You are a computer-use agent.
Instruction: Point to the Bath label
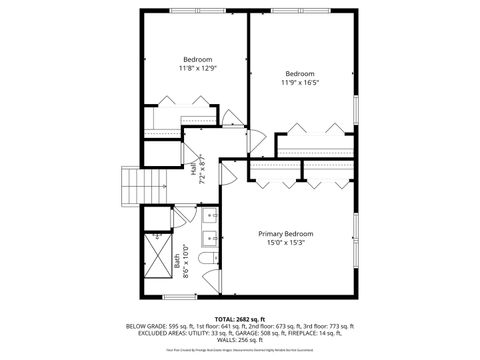(177, 264)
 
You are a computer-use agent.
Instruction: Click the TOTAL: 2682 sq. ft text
(240, 318)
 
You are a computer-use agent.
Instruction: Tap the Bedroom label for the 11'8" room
(197, 59)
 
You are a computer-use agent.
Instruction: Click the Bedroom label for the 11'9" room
(300, 73)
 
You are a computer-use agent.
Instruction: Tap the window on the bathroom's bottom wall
(179, 297)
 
